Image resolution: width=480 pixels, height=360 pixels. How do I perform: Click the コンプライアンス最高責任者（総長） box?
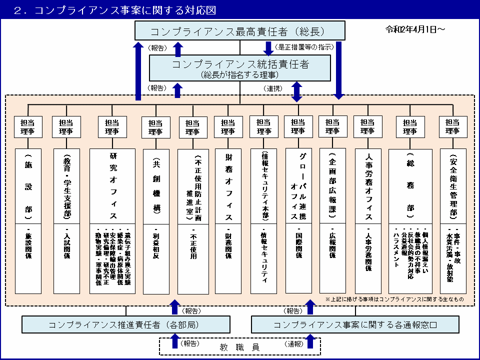click(x=240, y=31)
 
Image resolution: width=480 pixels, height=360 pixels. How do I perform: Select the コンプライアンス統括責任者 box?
click(x=240, y=68)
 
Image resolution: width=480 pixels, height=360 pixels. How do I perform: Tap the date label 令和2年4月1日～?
click(x=415, y=29)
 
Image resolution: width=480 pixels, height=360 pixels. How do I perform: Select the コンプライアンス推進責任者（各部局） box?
click(x=126, y=324)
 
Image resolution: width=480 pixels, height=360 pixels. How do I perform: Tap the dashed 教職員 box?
click(x=239, y=345)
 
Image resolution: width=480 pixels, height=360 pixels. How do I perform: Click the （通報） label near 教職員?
click(x=294, y=344)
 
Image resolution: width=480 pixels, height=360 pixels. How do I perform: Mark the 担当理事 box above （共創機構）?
click(x=155, y=127)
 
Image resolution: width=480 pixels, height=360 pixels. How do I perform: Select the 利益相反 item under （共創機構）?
click(x=155, y=242)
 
